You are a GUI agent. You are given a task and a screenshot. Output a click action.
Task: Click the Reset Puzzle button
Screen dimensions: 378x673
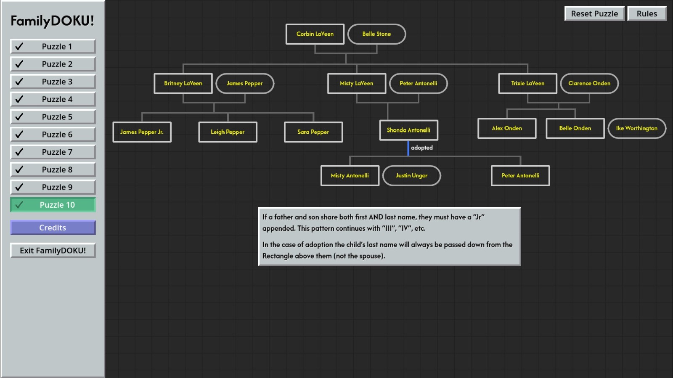point(594,13)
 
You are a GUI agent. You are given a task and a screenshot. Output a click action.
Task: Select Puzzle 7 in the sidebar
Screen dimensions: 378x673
point(53,152)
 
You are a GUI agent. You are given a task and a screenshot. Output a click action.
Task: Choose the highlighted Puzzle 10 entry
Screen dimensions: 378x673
point(53,205)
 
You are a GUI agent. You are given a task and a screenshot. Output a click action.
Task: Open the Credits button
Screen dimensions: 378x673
point(53,227)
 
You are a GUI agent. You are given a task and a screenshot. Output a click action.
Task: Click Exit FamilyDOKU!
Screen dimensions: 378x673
point(53,251)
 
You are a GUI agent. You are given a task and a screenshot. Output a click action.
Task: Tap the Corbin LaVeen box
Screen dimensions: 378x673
point(315,34)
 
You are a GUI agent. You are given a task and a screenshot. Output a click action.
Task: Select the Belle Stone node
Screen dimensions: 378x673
point(376,34)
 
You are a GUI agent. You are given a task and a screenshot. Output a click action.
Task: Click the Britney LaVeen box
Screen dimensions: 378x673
point(183,83)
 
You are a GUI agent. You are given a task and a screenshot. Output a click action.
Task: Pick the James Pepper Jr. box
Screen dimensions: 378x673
point(142,132)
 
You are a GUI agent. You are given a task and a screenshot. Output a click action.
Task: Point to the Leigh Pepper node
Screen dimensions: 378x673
point(228,132)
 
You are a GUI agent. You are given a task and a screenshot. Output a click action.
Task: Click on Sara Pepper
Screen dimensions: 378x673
point(313,132)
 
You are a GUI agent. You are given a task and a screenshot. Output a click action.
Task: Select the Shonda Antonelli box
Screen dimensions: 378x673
point(408,130)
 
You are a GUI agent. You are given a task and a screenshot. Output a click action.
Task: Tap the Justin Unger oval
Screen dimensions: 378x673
point(411,176)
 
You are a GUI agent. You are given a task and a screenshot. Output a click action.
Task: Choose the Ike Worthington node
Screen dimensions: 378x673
point(636,128)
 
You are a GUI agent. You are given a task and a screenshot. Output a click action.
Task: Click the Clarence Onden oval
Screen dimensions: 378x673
point(589,83)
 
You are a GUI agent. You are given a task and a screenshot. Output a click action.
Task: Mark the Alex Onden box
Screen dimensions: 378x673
point(507,128)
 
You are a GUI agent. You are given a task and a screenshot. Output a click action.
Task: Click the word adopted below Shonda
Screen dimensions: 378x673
point(421,148)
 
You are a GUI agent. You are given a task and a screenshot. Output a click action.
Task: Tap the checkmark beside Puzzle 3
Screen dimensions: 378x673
point(19,82)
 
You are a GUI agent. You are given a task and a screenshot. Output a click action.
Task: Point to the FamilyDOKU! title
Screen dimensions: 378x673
point(52,21)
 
